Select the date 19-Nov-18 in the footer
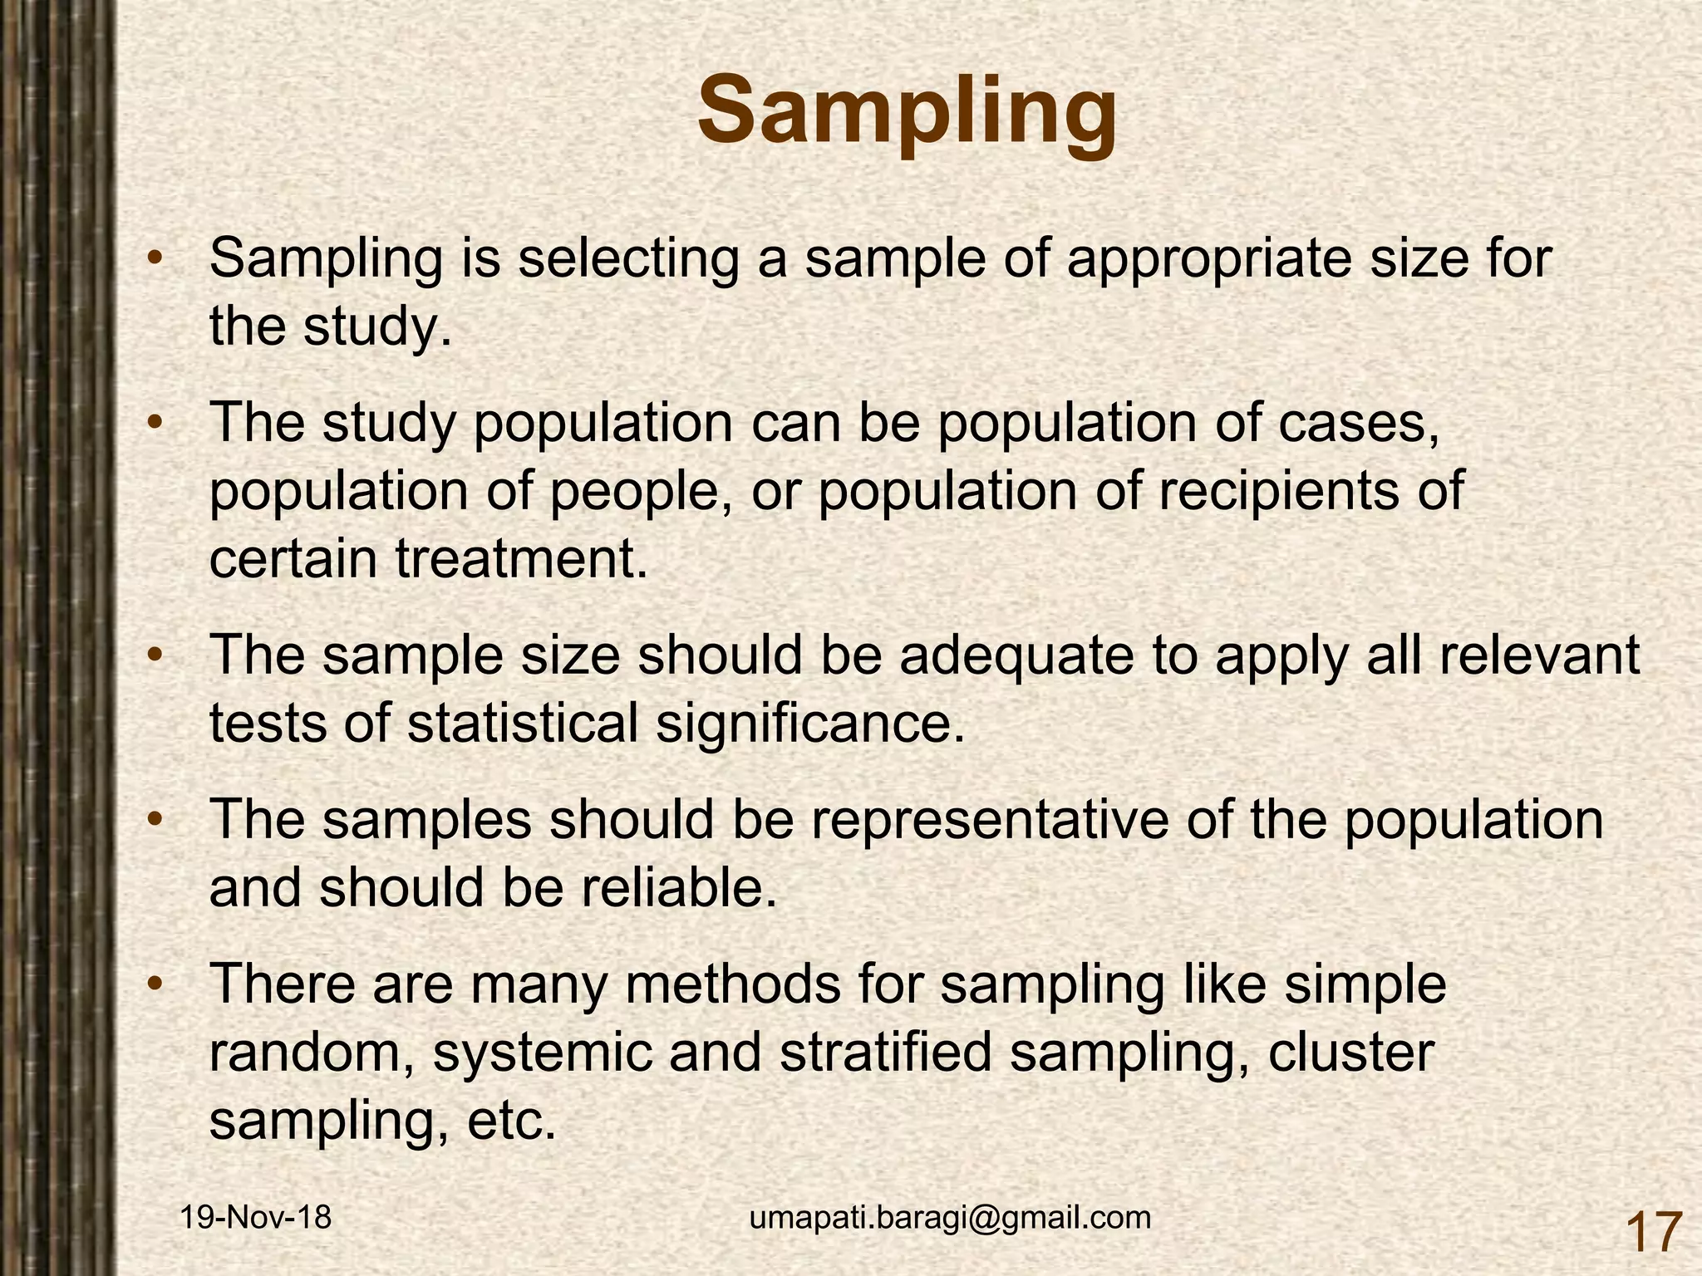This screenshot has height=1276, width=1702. [256, 1218]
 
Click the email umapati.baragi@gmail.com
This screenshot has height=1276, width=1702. [950, 1217]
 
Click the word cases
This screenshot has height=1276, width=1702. [1359, 423]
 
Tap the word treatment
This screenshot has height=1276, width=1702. [520, 559]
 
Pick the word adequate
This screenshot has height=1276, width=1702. [1016, 655]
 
